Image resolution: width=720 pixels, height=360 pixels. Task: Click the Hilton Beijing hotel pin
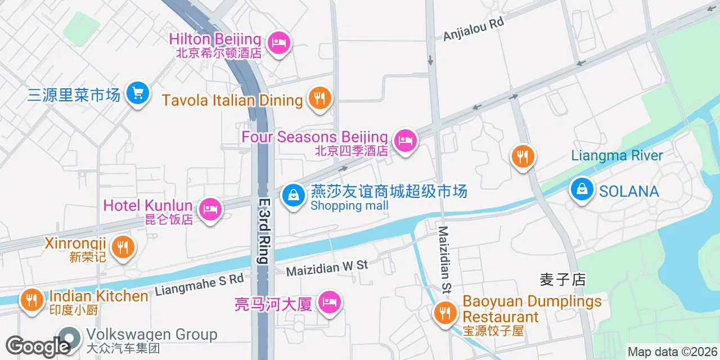click(278, 42)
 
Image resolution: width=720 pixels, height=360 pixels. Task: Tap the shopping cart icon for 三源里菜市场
click(138, 93)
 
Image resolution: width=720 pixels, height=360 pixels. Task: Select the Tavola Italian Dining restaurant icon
click(319, 99)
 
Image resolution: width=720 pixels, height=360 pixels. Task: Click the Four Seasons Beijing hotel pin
click(405, 141)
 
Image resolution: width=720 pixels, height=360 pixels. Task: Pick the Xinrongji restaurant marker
click(122, 246)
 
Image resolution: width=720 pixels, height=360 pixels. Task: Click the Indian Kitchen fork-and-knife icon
click(32, 299)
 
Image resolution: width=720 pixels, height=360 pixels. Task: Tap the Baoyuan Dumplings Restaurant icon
click(445, 312)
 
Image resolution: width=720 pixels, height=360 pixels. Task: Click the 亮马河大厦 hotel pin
click(329, 303)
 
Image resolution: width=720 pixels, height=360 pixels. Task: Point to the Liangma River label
click(617, 155)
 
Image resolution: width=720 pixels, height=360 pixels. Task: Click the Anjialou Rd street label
click(474, 28)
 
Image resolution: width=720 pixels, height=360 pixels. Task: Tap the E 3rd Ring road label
click(264, 231)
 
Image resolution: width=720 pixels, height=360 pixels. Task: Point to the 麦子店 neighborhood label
click(562, 279)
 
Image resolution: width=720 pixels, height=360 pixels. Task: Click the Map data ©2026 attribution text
click(673, 352)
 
